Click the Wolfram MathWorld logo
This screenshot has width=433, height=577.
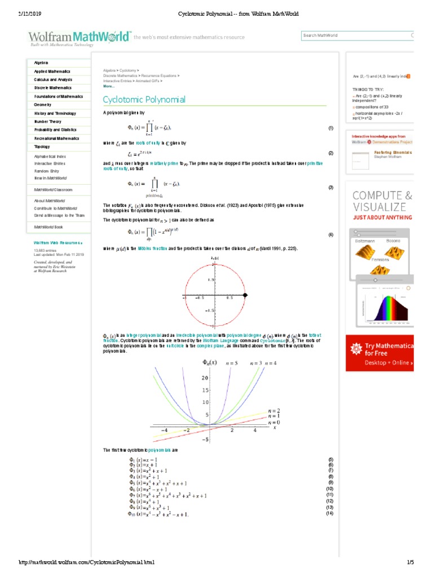tap(79, 37)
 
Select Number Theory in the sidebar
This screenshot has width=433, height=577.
tap(48, 121)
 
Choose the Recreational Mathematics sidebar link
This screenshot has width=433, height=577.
tap(56, 138)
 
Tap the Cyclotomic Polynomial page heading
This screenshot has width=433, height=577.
tap(144, 100)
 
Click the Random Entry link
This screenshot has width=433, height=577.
tap(46, 171)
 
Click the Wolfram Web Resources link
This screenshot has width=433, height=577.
tap(58, 243)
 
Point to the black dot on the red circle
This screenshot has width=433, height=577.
tap(245, 295)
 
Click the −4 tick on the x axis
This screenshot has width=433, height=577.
tap(165, 430)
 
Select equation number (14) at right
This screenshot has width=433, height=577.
tap(330, 513)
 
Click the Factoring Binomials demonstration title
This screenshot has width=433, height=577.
tap(392, 152)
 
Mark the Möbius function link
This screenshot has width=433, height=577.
tap(152, 248)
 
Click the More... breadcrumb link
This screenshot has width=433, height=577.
tap(109, 86)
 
